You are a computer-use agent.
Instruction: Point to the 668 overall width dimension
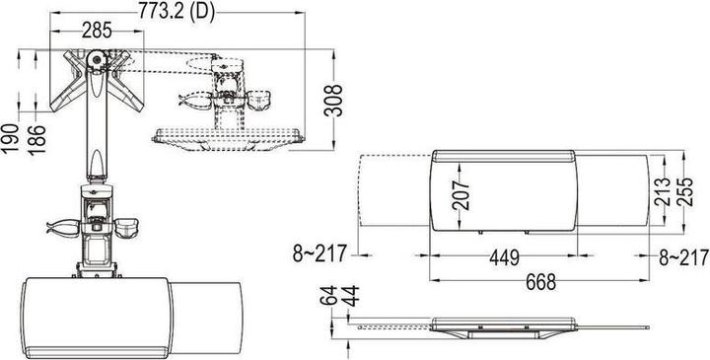538,282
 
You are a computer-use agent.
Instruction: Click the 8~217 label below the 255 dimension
682,258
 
